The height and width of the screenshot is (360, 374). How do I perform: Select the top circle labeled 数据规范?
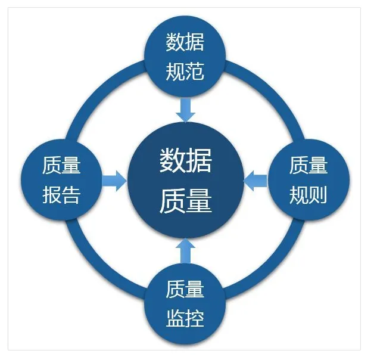click(x=185, y=57)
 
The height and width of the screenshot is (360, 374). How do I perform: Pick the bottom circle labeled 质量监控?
click(x=185, y=304)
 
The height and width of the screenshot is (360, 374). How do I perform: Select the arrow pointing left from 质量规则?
click(x=256, y=180)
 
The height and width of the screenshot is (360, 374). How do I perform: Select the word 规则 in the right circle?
click(x=308, y=194)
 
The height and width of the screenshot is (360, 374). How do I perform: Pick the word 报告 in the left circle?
click(x=61, y=195)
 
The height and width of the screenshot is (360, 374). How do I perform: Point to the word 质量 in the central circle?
click(x=186, y=200)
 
